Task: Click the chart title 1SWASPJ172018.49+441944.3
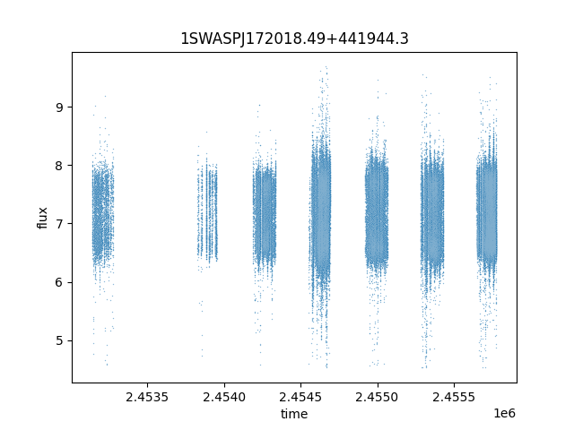point(294,39)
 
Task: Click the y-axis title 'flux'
point(42,218)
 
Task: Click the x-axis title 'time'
point(294,414)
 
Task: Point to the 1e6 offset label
point(504,413)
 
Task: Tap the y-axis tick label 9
point(60,107)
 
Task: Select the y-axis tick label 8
point(60,166)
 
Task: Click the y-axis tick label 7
point(60,224)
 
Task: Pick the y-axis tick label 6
point(60,282)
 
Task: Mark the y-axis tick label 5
point(60,340)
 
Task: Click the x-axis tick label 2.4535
point(147,397)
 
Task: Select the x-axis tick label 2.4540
point(224,397)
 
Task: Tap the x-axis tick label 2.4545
point(300,397)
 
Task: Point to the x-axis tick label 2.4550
point(377,397)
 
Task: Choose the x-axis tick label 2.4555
point(454,397)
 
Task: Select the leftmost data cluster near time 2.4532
point(102,212)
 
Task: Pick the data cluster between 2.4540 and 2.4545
point(265,216)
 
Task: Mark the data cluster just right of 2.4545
point(320,216)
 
